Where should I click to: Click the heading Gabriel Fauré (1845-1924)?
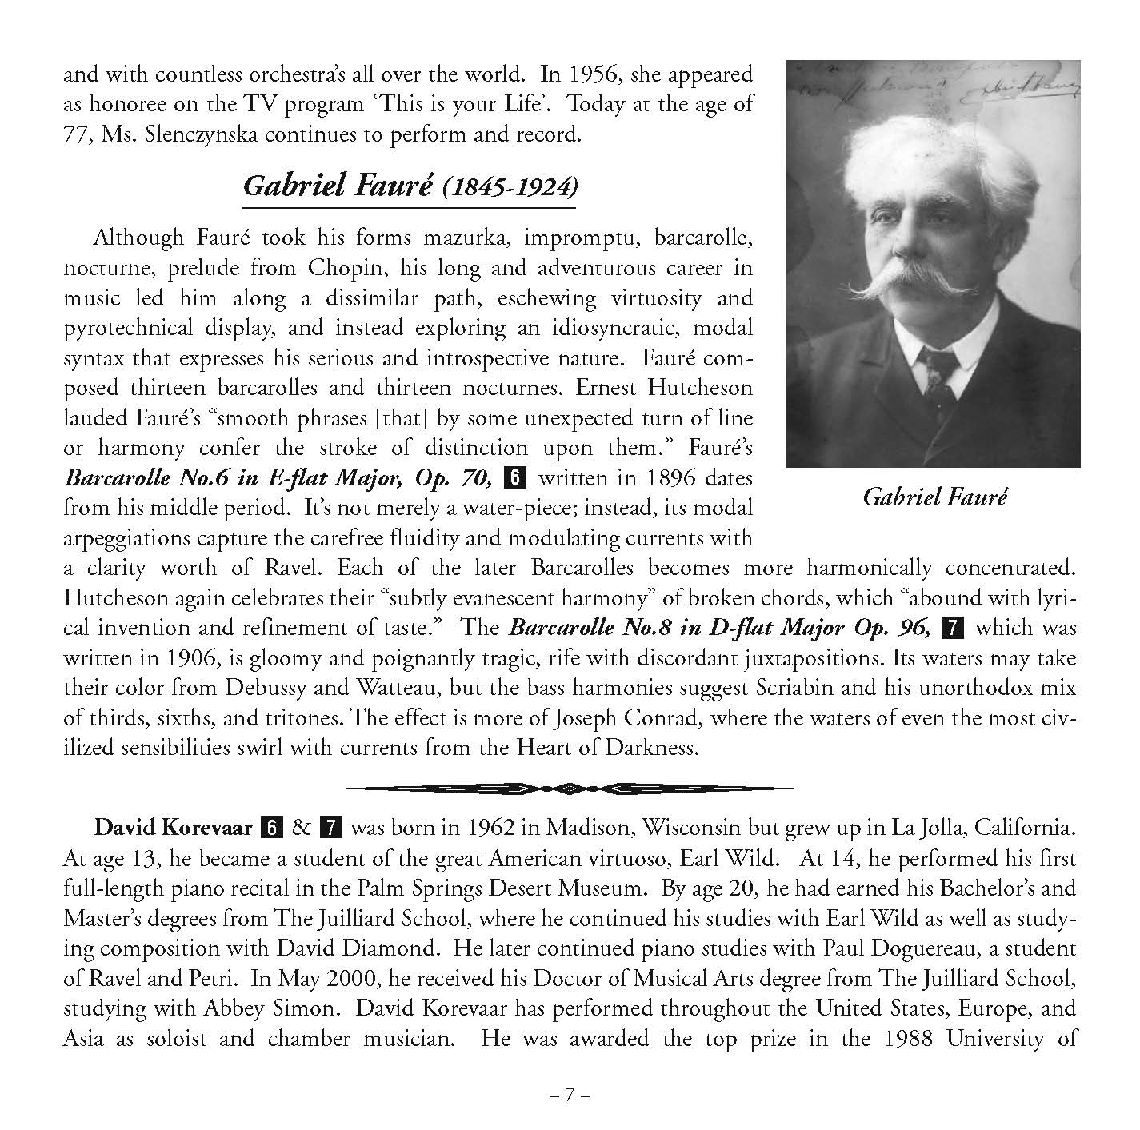point(409,186)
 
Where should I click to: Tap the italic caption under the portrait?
point(934,497)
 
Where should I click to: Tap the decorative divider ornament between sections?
point(570,788)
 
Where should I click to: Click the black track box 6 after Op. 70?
point(514,478)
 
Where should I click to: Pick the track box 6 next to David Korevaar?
point(273,828)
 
